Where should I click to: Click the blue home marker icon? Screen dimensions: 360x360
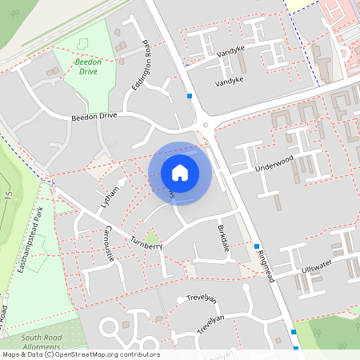pos(180,172)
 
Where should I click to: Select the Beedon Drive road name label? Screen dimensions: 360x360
pos(94,116)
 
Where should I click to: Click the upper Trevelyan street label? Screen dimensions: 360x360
pos(202,298)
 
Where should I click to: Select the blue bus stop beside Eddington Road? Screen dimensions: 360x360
pos(190,96)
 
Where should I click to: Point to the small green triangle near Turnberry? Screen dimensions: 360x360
pos(151,236)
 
